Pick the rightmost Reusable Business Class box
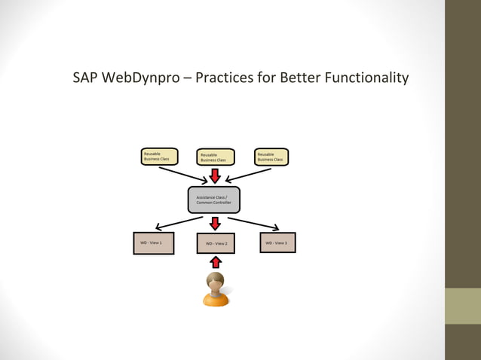pos(271,156)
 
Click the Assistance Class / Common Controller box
pos(214,200)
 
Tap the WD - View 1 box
pos(153,243)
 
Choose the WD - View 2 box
pos(216,243)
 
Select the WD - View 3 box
pos(277,243)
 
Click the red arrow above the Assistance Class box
pos(215,175)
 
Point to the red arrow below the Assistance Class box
pos(215,224)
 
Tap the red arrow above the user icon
pos(216,261)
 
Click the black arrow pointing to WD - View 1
pos(178,223)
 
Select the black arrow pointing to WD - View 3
pos(254,224)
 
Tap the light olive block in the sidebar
pos(463,306)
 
